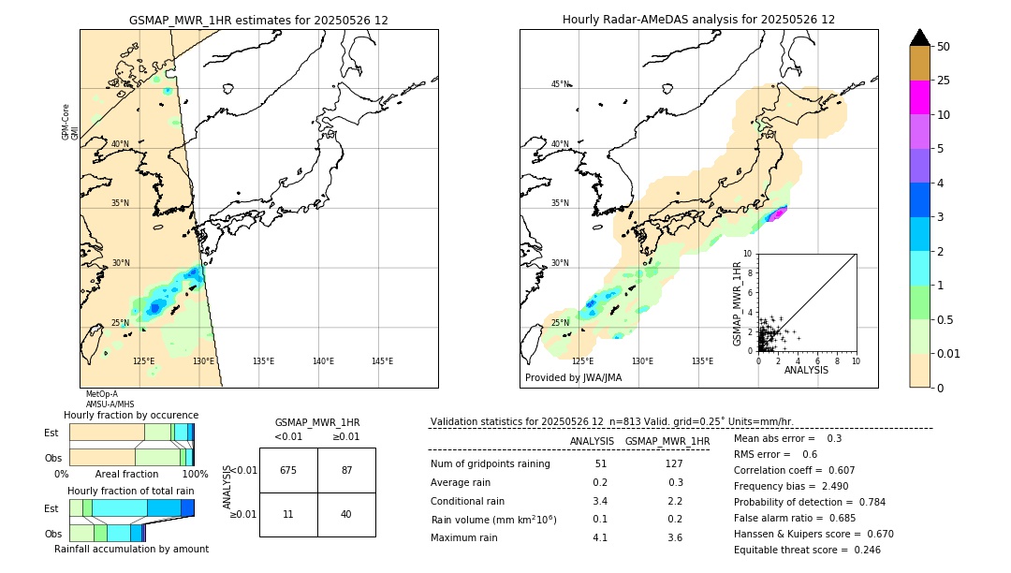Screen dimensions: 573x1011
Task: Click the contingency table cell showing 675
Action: coord(288,470)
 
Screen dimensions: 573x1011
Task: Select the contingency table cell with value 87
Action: coord(346,470)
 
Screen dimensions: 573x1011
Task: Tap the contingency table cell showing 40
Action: coord(346,514)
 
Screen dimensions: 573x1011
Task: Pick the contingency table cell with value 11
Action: coord(288,514)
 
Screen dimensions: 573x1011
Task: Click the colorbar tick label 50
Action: coord(944,47)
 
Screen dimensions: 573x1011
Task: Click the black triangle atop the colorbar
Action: coord(919,37)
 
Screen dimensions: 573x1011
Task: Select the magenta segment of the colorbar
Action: coord(919,97)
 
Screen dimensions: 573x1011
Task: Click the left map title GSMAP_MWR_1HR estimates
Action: coord(258,20)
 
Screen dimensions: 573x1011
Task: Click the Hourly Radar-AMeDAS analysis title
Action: coord(698,20)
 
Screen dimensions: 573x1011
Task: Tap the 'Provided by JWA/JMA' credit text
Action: coord(573,378)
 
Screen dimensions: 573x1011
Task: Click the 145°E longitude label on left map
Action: coord(382,361)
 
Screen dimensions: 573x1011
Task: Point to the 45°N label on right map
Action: coord(560,84)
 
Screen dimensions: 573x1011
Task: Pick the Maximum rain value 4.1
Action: coord(599,537)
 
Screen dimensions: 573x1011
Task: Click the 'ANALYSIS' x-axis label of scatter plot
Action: coord(806,370)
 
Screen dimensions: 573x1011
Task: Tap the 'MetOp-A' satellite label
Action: coord(102,394)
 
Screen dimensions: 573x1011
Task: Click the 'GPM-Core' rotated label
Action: coord(66,122)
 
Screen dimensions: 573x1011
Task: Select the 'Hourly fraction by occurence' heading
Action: coord(131,415)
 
